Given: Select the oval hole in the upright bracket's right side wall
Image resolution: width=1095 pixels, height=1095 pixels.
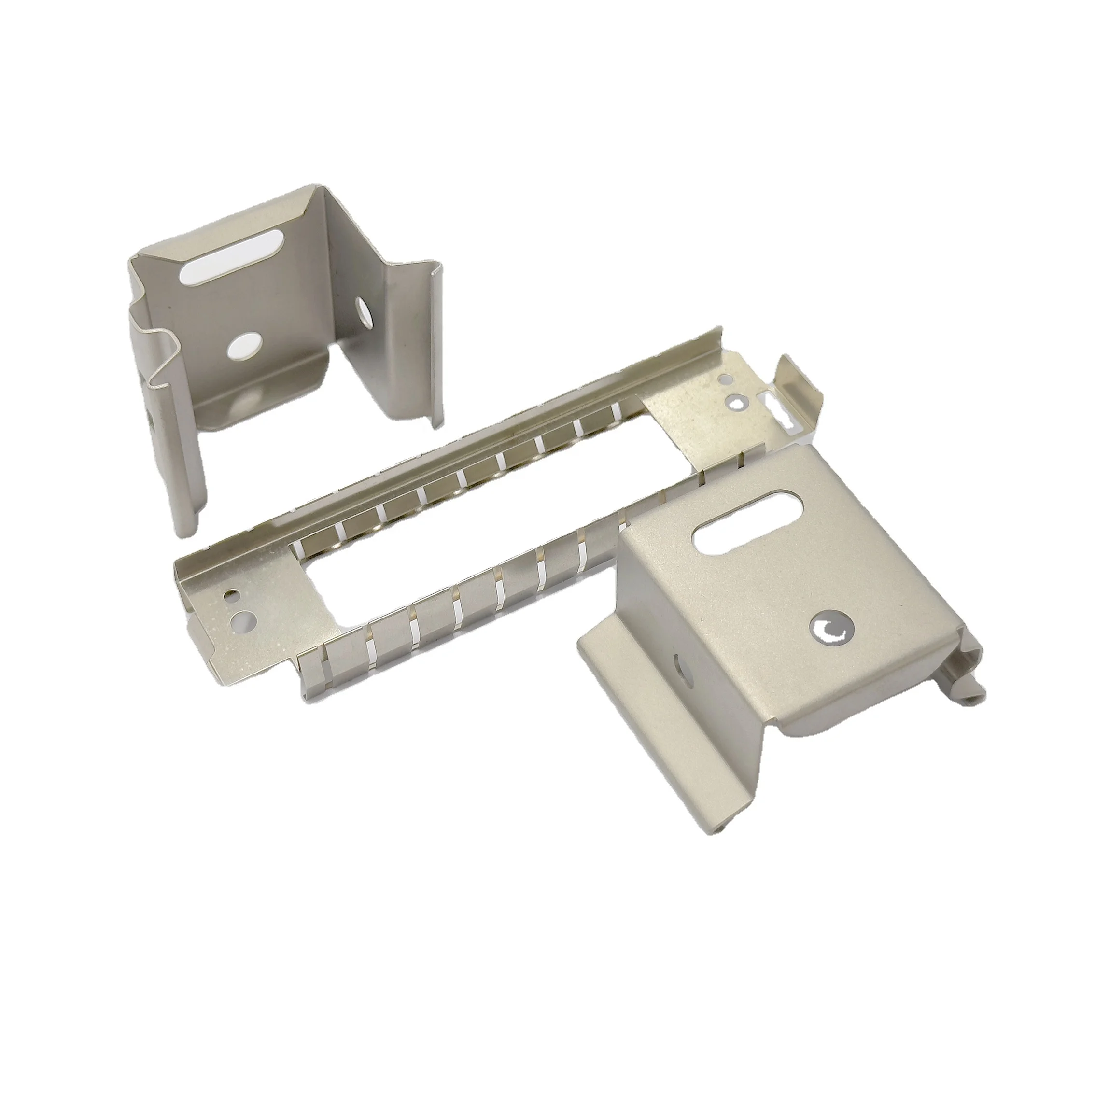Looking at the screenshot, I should (x=361, y=309).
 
